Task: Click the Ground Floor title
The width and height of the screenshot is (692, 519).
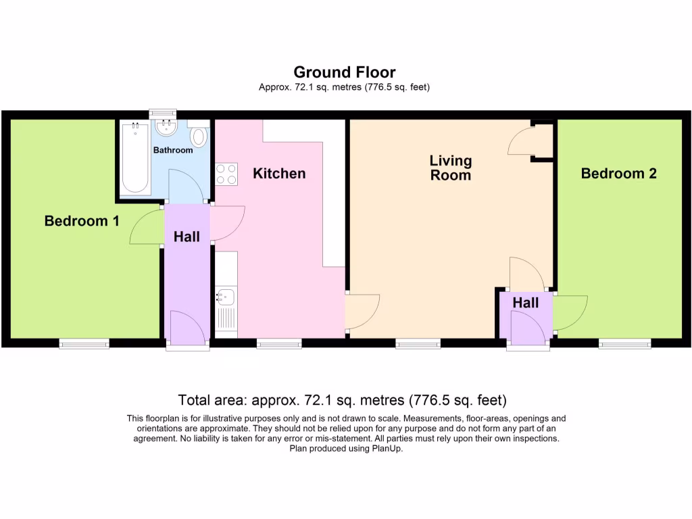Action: point(345,72)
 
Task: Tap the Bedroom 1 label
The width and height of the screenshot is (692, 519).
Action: point(82,221)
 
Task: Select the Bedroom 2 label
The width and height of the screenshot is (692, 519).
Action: point(618,174)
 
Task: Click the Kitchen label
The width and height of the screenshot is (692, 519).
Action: point(279,174)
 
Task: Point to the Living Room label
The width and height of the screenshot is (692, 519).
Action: point(451,168)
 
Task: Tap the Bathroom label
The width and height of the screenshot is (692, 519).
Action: point(172,150)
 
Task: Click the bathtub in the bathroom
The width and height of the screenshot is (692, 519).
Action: point(134,159)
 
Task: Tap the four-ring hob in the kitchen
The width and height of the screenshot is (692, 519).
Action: point(226,174)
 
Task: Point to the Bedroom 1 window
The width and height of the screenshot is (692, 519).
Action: point(84,344)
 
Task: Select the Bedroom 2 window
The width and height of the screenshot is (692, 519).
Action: point(625,344)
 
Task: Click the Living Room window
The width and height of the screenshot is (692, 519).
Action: point(417,344)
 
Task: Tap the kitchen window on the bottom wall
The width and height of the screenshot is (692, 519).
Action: point(279,344)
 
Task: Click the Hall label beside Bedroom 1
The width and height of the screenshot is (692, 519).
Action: point(187,237)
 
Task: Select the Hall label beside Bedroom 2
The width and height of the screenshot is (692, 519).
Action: point(525,303)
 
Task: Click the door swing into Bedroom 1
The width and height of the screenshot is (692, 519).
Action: point(144,228)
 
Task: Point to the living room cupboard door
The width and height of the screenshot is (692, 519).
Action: point(522,140)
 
